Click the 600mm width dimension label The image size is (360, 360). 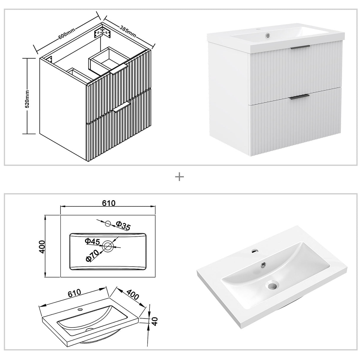[67, 31]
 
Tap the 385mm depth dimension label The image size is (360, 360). [128, 31]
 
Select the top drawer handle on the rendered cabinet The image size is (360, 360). [300, 47]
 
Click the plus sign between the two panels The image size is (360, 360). [180, 177]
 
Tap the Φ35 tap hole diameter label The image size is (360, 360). [123, 226]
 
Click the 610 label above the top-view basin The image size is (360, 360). [109, 203]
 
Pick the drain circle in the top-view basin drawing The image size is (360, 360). [108, 245]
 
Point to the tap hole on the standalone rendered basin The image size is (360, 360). [254, 251]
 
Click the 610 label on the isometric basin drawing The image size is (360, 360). [74, 293]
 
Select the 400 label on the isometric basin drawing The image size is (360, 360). [133, 294]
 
